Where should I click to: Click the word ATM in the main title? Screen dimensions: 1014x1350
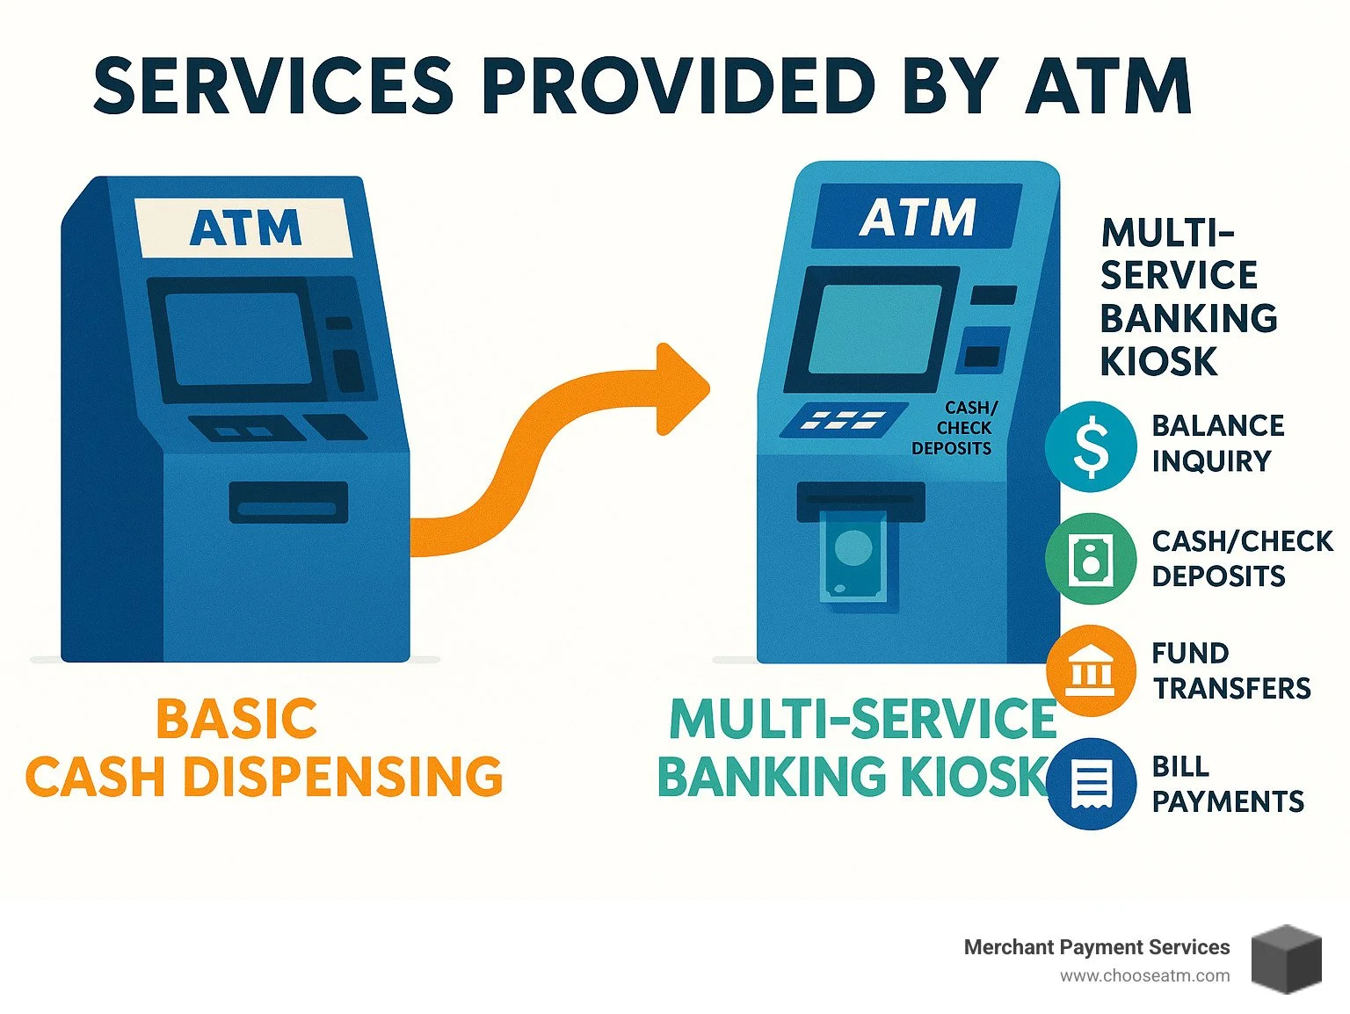[x=1108, y=86]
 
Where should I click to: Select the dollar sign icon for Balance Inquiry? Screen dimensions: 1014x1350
[x=1091, y=445]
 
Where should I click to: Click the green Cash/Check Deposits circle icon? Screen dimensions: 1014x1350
[x=1091, y=559]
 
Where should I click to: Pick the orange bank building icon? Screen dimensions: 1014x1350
[x=1091, y=671]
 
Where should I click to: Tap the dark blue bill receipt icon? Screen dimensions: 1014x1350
[x=1091, y=783]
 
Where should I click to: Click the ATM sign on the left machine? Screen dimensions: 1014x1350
[x=245, y=228]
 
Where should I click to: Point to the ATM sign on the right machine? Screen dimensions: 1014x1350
[x=918, y=216]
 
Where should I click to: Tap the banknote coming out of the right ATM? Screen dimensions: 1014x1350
[x=852, y=558]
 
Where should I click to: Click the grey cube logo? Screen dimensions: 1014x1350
[x=1286, y=959]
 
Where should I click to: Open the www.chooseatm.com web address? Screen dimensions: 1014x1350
[x=1144, y=975]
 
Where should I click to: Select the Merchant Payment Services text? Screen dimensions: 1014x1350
[x=1096, y=947]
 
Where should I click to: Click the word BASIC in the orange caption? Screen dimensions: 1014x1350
[x=236, y=719]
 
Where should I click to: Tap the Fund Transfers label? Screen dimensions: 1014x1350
[x=1230, y=670]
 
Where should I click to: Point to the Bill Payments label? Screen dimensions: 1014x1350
[x=1227, y=784]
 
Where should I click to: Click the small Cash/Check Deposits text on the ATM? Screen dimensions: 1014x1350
[x=954, y=428]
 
